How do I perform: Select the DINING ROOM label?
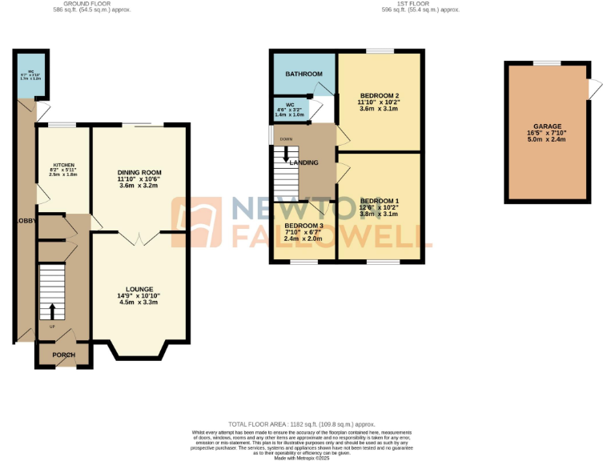click(x=139, y=172)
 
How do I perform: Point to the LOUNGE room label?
click(x=139, y=289)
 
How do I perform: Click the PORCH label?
click(x=63, y=355)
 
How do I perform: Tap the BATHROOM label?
click(x=305, y=74)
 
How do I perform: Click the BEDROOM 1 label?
click(x=379, y=200)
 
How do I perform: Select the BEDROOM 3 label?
click(x=303, y=226)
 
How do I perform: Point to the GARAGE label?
click(x=548, y=126)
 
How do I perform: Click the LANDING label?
click(x=304, y=162)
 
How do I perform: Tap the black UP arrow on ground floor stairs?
click(x=53, y=311)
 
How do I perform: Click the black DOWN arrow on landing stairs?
click(x=286, y=154)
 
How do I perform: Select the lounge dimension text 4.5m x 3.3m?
click(x=139, y=303)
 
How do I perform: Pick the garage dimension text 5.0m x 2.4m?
click(x=548, y=139)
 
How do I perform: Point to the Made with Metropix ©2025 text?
click(x=302, y=458)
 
